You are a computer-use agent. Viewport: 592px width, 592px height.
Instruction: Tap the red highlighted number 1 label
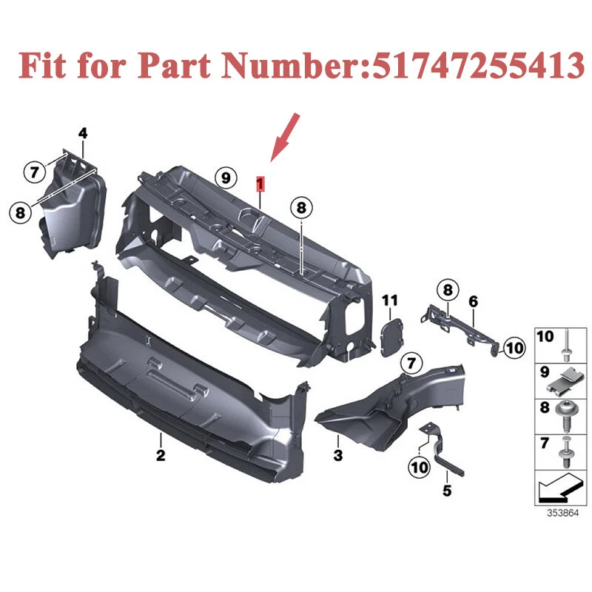(259, 182)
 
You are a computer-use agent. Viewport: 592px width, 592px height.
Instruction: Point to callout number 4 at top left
(83, 133)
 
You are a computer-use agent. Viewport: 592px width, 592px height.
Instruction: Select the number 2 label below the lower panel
(161, 456)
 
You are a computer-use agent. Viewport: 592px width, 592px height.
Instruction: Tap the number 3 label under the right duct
(338, 456)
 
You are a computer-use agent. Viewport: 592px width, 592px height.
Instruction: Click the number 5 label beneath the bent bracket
(446, 489)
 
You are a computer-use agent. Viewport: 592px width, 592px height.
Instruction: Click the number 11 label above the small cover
(390, 300)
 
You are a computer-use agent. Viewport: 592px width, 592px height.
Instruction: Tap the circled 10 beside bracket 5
(419, 467)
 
